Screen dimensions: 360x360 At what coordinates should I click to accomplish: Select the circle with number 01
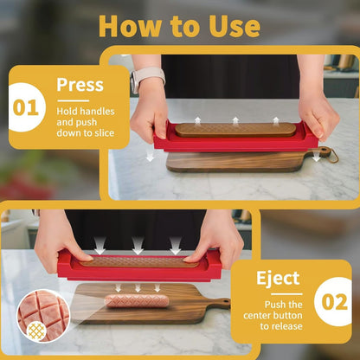[26, 109]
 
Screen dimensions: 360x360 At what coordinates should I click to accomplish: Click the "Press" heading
[80, 85]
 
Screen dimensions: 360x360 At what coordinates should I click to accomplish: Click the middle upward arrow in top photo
[235, 120]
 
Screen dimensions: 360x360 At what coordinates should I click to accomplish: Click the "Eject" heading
[277, 279]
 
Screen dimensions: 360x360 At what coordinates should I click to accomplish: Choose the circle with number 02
[332, 303]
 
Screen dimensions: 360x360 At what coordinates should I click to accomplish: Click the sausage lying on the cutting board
[137, 300]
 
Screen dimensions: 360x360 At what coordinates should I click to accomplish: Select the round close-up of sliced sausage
[42, 312]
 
